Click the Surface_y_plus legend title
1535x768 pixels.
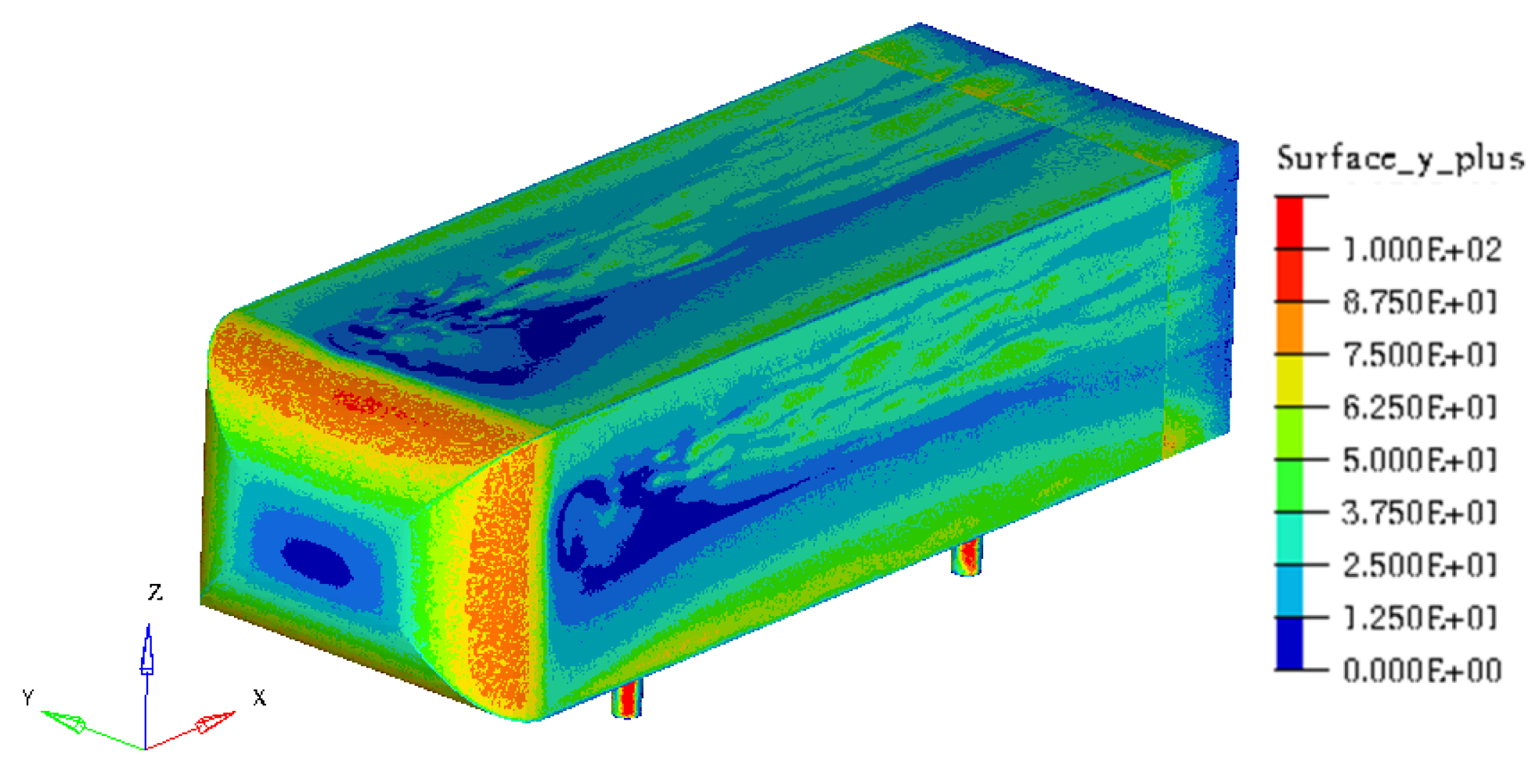click(x=1400, y=158)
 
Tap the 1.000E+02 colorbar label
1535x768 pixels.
click(x=1421, y=251)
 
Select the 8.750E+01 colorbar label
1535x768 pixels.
click(x=1420, y=302)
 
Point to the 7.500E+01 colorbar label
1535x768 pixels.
click(x=1420, y=355)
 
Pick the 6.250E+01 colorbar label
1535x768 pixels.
click(x=1420, y=407)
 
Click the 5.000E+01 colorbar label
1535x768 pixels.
click(x=1420, y=460)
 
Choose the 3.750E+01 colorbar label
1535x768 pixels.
click(x=1420, y=513)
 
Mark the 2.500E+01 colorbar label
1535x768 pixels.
click(x=1420, y=565)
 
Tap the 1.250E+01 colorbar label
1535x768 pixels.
click(x=1420, y=618)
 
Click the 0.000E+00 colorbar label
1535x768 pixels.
click(x=1421, y=671)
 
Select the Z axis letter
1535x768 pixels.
click(x=155, y=592)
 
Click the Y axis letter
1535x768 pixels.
click(x=28, y=697)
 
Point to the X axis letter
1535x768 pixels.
click(x=259, y=697)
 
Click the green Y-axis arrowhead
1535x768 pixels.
click(x=66, y=721)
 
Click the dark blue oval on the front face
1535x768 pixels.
click(x=317, y=561)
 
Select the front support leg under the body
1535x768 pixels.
click(x=627, y=698)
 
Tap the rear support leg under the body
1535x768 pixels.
click(x=967, y=556)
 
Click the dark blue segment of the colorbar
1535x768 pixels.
click(x=1289, y=644)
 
